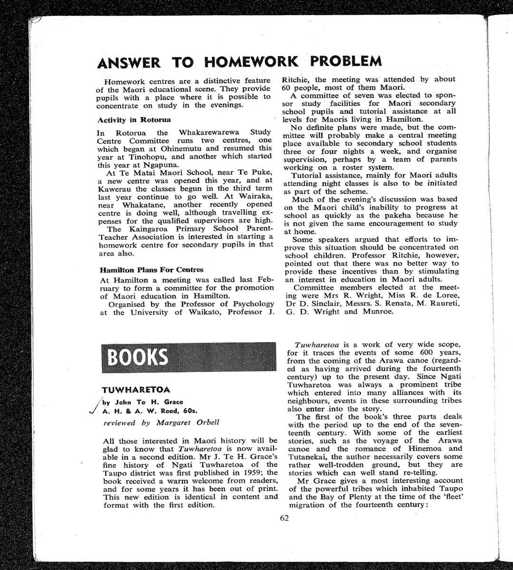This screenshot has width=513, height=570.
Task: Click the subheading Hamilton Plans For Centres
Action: pyautogui.click(x=152, y=270)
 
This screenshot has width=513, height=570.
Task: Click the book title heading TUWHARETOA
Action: pyautogui.click(x=136, y=390)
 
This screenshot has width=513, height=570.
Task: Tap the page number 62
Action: pyautogui.click(x=285, y=518)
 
